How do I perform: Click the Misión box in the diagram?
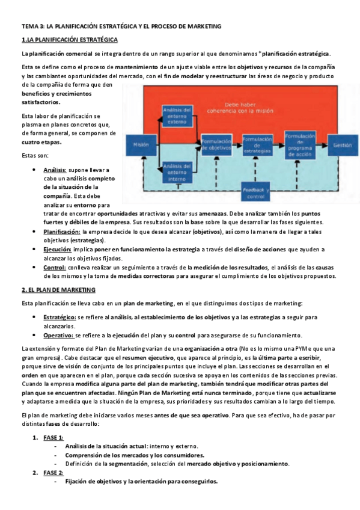[x=140, y=144]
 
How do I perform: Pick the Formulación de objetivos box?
[x=216, y=144]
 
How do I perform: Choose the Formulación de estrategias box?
[x=257, y=144]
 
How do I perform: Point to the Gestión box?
[x=341, y=144]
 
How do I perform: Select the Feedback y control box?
[x=255, y=192]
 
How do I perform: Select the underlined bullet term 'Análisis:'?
[x=55, y=170]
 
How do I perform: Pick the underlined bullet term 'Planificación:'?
[x=62, y=232]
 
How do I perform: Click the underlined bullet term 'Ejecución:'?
[x=57, y=249]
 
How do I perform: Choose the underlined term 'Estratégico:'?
[x=59, y=317]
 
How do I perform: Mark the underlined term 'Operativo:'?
[x=58, y=335]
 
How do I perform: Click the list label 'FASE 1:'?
[x=53, y=437]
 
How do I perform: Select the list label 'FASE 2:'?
[x=53, y=473]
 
